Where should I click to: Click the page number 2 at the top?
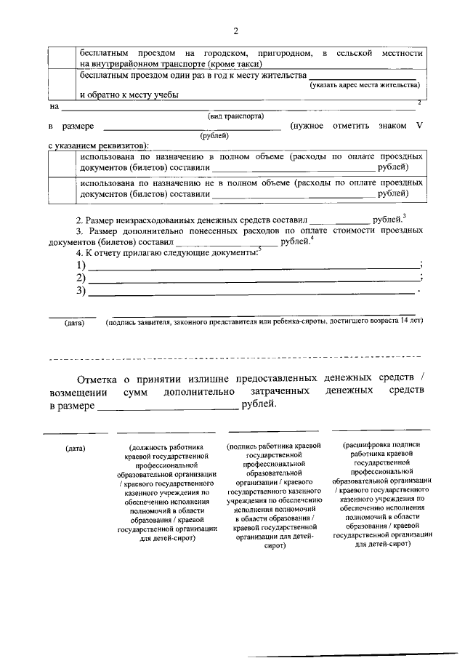click(235, 31)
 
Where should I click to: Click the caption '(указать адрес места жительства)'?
click(364, 86)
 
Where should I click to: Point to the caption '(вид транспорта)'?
click(235, 116)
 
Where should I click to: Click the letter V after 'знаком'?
click(419, 126)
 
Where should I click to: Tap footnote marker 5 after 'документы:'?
click(259, 249)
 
